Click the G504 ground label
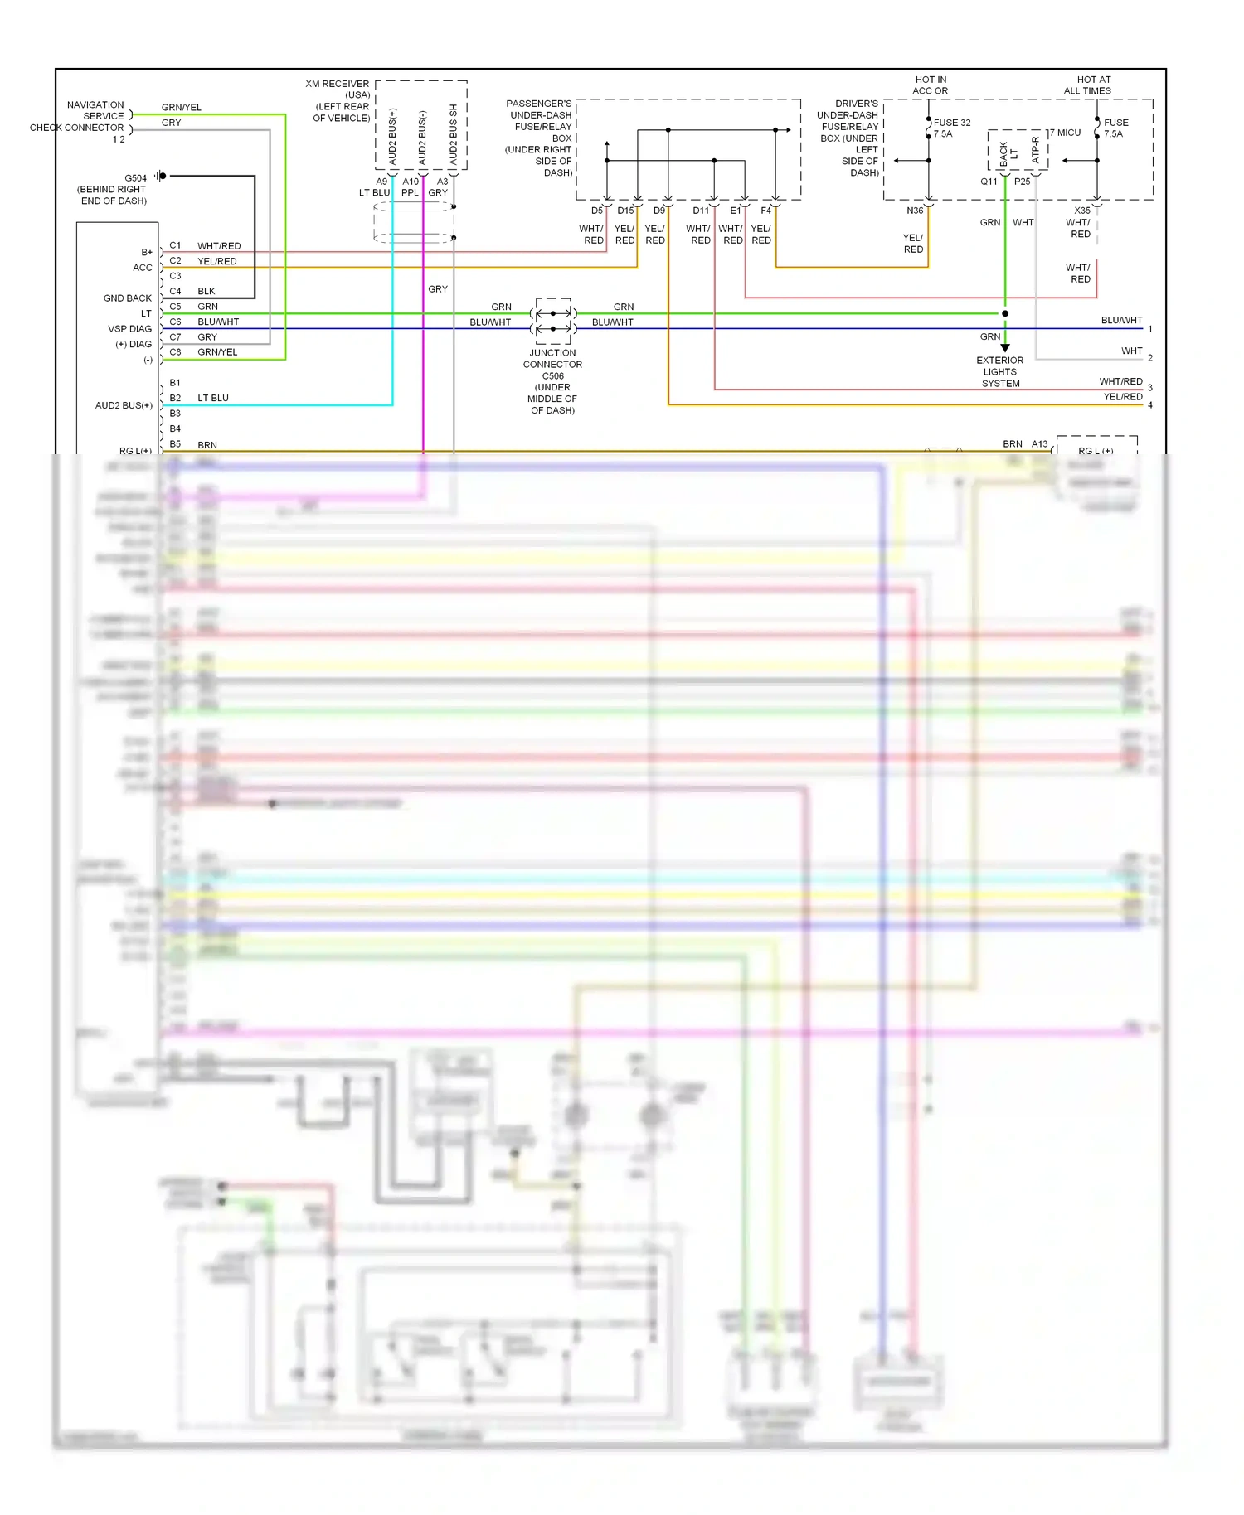135,178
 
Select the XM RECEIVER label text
337,84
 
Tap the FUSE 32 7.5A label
951,128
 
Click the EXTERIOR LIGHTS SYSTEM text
999,372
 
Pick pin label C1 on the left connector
175,245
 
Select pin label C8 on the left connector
175,352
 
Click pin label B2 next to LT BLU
175,398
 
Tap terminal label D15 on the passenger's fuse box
625,211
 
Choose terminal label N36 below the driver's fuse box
914,211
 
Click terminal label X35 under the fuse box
1082,211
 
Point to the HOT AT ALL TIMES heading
1087,85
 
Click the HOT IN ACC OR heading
930,85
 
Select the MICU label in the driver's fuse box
1068,133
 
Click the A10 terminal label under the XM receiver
411,182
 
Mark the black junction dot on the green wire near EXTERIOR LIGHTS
1005,313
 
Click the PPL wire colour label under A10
410,193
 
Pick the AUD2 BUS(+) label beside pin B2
124,405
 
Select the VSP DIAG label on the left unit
129,329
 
